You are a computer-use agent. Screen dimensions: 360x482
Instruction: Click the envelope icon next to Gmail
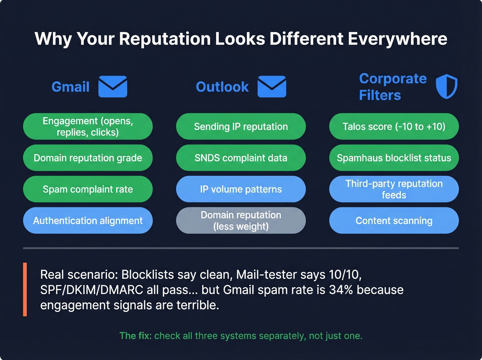coord(113,86)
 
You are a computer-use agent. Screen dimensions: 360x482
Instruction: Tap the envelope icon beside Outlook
coord(272,86)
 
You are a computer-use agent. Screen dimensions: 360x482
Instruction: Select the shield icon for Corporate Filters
coord(447,86)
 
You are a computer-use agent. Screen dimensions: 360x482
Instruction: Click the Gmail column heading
coord(71,87)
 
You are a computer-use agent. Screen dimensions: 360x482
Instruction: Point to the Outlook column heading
coord(222,87)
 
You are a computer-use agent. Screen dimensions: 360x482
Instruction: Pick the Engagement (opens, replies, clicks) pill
coord(88,126)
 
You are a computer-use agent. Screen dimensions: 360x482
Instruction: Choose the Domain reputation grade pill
coord(88,158)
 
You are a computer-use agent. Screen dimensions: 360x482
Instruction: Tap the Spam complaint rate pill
coord(88,189)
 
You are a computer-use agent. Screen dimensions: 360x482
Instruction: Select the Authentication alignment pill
coord(88,220)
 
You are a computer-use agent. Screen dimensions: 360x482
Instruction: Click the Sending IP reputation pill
coord(241,126)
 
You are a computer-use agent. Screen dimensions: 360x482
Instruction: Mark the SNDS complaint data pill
coord(241,158)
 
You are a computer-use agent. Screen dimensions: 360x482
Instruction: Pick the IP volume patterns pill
coord(241,189)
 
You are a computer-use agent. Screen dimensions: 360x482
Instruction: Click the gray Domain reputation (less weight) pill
coord(241,220)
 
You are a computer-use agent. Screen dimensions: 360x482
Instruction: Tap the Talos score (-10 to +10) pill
coord(394,126)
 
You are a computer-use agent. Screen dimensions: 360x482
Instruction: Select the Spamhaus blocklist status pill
coord(394,158)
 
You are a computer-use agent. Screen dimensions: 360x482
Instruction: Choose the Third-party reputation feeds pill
coord(394,189)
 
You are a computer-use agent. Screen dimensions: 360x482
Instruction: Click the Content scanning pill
coord(394,220)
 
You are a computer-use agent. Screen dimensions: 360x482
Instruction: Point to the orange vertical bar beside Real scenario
coord(25,289)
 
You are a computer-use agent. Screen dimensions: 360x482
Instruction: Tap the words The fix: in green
coord(135,336)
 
